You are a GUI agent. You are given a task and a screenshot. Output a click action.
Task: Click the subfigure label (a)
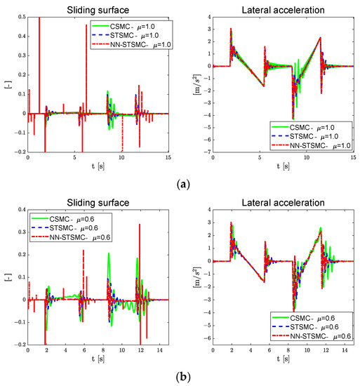pyautogui.click(x=179, y=184)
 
